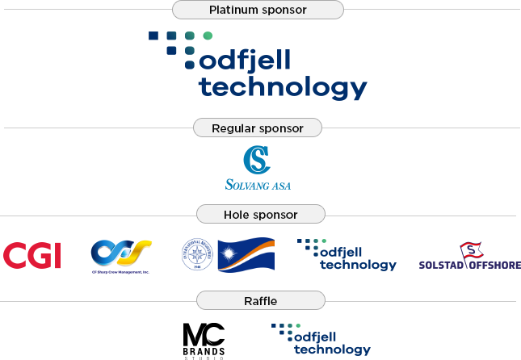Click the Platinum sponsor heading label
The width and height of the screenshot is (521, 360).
pos(258,10)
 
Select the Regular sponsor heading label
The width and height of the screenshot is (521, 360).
pos(258,128)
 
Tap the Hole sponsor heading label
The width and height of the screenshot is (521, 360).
pos(260,215)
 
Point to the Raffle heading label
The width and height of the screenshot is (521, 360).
pos(260,301)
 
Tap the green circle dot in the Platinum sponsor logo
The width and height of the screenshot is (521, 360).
pos(208,36)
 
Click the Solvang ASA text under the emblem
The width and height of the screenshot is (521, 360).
pos(258,185)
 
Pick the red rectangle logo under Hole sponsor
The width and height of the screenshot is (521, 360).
pos(32,255)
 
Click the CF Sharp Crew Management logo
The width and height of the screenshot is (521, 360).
pos(120,255)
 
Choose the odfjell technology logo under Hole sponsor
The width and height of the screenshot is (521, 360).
pos(347,254)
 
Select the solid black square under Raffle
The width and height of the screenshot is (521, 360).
pos(204,341)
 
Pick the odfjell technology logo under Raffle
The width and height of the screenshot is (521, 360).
pos(321,340)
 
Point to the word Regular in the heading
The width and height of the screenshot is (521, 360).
pos(233,128)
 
